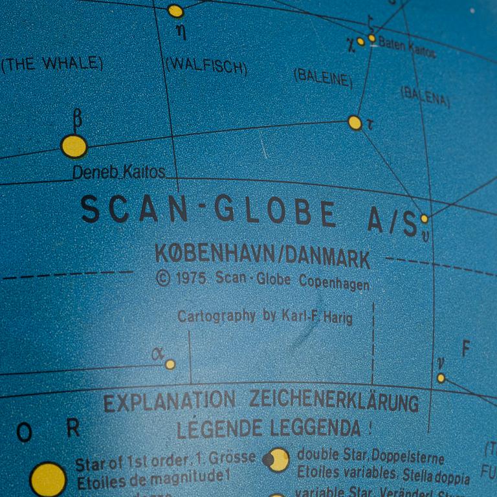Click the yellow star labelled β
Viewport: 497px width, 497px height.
tap(74, 146)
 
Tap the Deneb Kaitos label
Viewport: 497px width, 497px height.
tap(118, 173)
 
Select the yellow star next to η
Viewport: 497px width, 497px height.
tap(175, 10)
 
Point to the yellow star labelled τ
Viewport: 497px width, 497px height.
tap(355, 122)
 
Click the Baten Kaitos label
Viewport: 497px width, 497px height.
tap(406, 47)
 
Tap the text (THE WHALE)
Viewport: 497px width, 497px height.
tap(52, 63)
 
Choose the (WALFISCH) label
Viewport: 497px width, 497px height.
tap(206, 65)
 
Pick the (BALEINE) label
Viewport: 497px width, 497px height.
tap(323, 77)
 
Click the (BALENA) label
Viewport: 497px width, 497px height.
tap(425, 96)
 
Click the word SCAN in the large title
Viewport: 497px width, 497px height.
tap(133, 209)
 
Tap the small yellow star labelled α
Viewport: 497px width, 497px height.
tap(170, 364)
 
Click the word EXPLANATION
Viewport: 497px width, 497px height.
tap(169, 401)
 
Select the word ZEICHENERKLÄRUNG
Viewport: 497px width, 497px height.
tap(334, 401)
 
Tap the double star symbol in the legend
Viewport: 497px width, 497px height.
tap(276, 460)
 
